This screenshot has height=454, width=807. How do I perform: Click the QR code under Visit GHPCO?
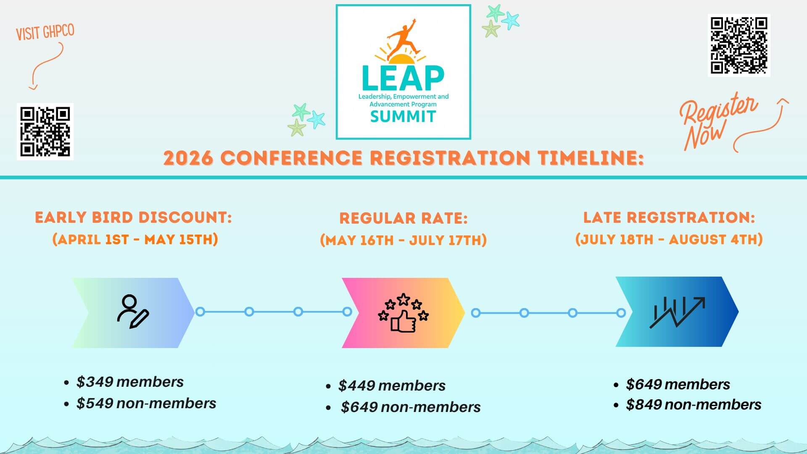click(45, 131)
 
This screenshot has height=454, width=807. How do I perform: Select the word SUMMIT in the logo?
click(403, 116)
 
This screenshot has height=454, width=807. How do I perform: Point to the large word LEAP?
click(403, 79)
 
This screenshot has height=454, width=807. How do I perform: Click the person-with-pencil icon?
click(132, 311)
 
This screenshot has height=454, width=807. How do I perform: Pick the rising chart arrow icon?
click(677, 312)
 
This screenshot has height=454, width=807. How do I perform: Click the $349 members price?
click(130, 382)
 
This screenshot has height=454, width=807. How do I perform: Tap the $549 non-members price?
click(146, 403)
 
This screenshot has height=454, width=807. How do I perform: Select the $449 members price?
click(392, 385)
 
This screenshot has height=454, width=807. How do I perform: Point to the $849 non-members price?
click(694, 404)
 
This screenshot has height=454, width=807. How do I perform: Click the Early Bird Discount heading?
click(133, 217)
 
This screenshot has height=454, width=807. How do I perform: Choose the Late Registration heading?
click(669, 217)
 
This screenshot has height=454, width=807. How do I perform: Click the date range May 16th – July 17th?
click(403, 240)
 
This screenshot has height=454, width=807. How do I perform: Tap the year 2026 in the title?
click(188, 158)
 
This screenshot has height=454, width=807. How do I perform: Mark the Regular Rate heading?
click(403, 218)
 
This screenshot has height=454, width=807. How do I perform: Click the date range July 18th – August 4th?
click(669, 239)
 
